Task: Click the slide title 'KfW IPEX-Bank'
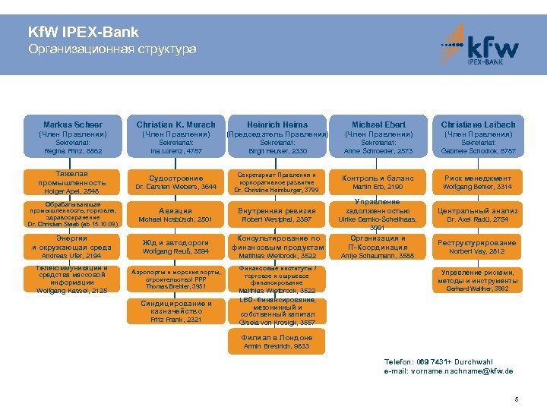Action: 83,33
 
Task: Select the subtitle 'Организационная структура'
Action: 112,49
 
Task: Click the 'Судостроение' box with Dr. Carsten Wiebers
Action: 175,182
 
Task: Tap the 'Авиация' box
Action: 175,215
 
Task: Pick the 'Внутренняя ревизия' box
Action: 277,215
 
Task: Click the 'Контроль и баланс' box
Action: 378,182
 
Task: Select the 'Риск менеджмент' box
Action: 478,182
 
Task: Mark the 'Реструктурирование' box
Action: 478,247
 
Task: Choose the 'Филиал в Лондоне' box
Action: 277,342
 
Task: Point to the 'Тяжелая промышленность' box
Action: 73,182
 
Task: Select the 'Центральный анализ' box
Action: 478,215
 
